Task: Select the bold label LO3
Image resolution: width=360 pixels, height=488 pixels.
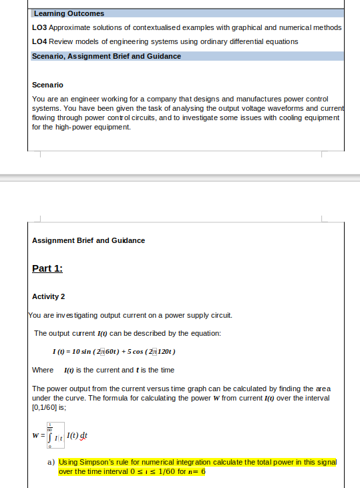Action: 39,27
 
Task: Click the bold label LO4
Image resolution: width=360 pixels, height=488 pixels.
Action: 39,41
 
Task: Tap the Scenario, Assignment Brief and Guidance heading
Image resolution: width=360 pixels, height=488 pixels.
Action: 106,56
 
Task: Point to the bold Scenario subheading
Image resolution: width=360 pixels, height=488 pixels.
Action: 47,85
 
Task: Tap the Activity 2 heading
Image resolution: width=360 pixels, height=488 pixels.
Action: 48,296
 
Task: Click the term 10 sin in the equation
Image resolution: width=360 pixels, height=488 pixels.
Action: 86,351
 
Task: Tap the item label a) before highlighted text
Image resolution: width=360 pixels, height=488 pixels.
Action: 51,462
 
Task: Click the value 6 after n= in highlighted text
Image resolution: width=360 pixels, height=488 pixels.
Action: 203,471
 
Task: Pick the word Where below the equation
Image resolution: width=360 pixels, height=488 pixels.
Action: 43,370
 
